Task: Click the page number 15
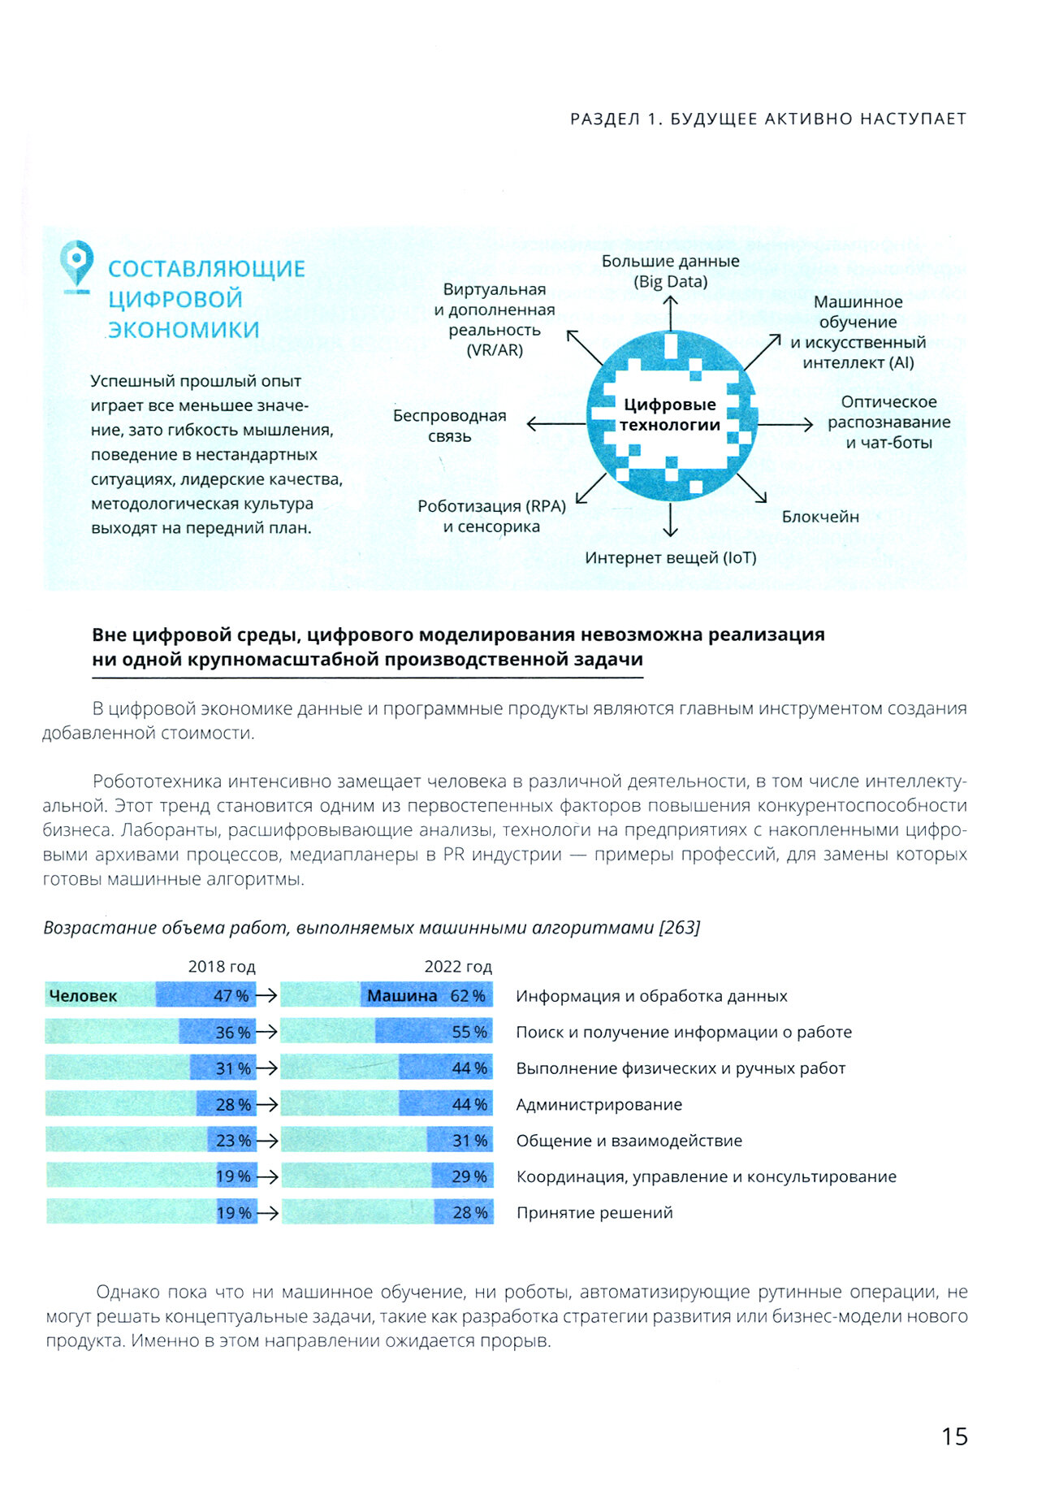point(954,1436)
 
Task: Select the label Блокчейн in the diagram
point(819,517)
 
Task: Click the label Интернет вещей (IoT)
point(670,558)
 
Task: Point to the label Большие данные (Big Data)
point(670,271)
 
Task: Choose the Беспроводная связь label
point(449,426)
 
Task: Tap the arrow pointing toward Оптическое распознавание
point(784,424)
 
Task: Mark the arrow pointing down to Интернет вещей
point(670,520)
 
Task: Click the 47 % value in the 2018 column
point(231,996)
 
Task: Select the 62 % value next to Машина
point(468,996)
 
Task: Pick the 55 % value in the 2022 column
point(469,1032)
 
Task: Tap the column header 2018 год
point(222,967)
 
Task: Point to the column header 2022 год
point(458,967)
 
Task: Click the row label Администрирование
point(599,1104)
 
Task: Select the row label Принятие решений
point(594,1213)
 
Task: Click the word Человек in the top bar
point(83,996)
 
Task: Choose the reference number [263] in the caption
point(680,928)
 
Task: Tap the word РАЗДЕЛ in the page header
point(605,119)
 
